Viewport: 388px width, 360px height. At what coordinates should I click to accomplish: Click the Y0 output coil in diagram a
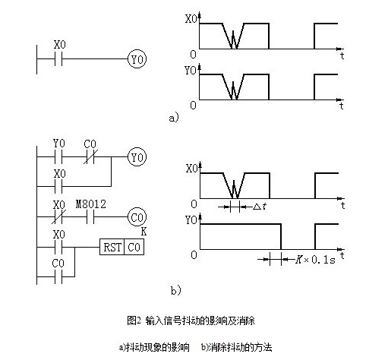pos(137,59)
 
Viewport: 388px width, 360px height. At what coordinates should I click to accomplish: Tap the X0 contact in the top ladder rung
pos(58,59)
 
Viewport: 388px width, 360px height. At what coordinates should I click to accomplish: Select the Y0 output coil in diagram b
pos(137,157)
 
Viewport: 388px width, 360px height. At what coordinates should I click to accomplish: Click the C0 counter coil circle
pos(137,217)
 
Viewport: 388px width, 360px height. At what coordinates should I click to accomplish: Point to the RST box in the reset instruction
pos(112,247)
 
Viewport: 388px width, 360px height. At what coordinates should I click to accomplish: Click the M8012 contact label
pos(91,204)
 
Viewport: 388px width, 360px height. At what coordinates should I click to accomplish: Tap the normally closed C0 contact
pos(90,157)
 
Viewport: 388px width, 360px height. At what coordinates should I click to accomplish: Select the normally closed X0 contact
pos(58,217)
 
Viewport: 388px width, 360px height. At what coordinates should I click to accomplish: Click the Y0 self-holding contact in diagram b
pos(58,157)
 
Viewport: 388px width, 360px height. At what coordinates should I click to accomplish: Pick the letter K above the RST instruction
pos(144,232)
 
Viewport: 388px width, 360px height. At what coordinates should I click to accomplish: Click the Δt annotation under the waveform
pos(260,207)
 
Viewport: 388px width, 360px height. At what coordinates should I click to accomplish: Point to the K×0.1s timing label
pos(315,260)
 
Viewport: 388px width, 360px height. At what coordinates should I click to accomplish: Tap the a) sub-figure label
pos(174,118)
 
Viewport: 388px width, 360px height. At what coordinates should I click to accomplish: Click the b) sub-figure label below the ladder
pos(176,290)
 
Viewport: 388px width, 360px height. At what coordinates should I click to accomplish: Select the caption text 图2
pos(134,321)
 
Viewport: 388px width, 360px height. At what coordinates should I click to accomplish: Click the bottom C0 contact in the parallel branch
pos(58,276)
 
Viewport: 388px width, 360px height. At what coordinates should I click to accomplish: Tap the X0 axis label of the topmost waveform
pos(191,19)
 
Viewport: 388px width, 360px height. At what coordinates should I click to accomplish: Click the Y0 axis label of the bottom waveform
pos(191,220)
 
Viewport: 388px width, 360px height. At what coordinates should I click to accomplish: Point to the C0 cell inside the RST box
pos(134,247)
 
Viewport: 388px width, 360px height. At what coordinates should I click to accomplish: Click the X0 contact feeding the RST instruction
pos(58,247)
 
